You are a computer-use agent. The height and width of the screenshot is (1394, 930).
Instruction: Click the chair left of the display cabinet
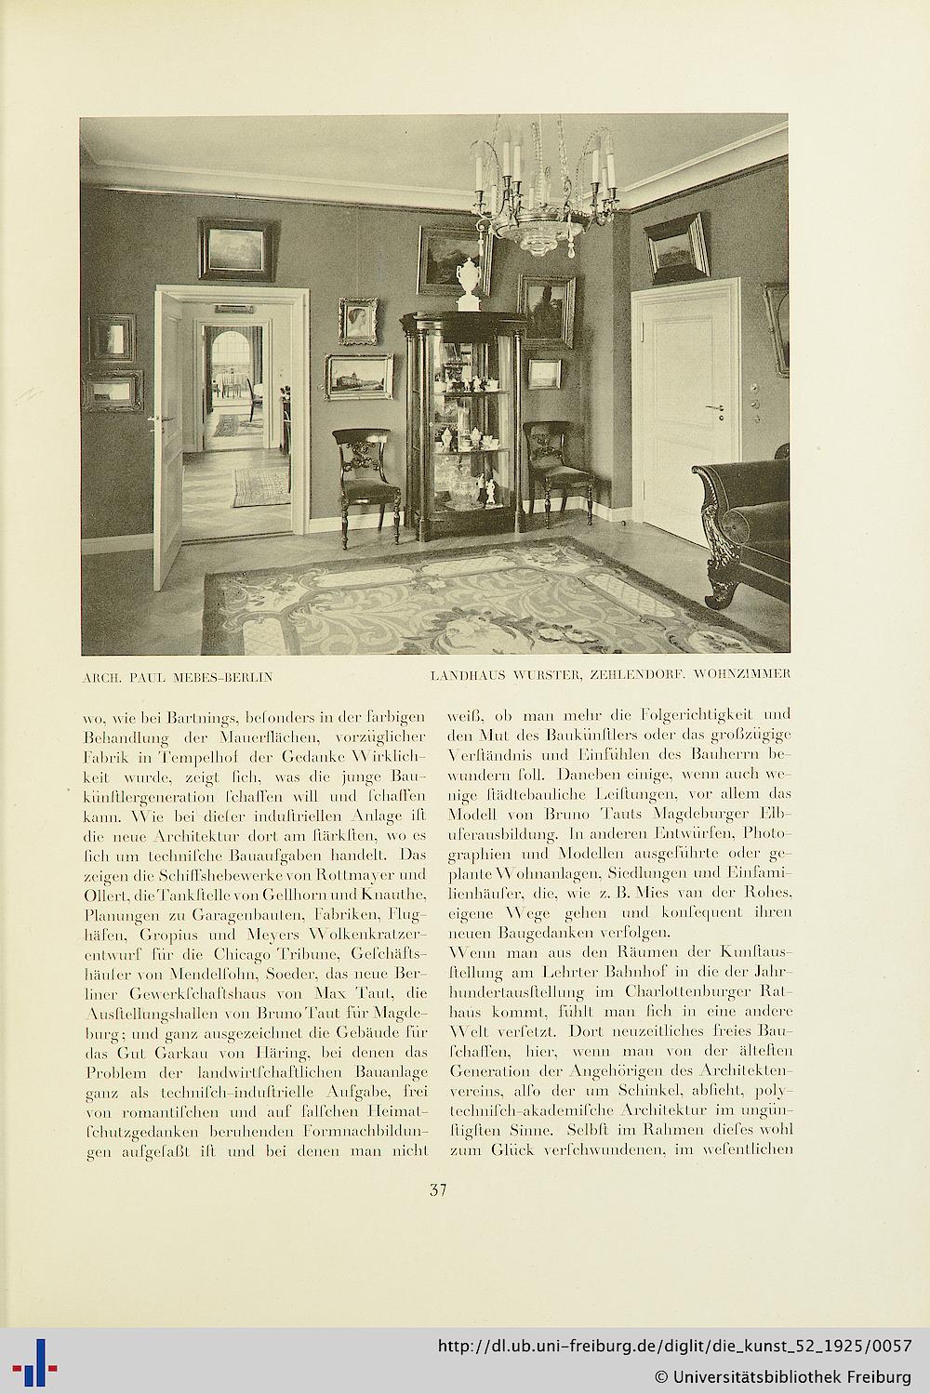(365, 480)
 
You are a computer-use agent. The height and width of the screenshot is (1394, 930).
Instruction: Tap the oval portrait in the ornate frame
(358, 322)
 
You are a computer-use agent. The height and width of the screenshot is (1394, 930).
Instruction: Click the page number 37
(439, 1188)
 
